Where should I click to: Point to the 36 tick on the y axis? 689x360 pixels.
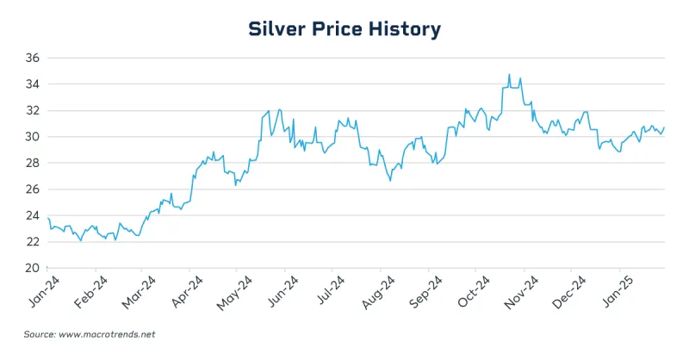(32, 58)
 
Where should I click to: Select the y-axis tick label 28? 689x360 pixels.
(32, 163)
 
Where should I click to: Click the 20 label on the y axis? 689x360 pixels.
(32, 268)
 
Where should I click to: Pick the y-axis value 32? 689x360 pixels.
(32, 110)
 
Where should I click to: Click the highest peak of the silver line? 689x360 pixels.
(509, 75)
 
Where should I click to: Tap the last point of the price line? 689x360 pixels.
(664, 127)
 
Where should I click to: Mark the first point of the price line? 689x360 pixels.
(48, 218)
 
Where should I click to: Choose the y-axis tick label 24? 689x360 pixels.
(32, 215)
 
